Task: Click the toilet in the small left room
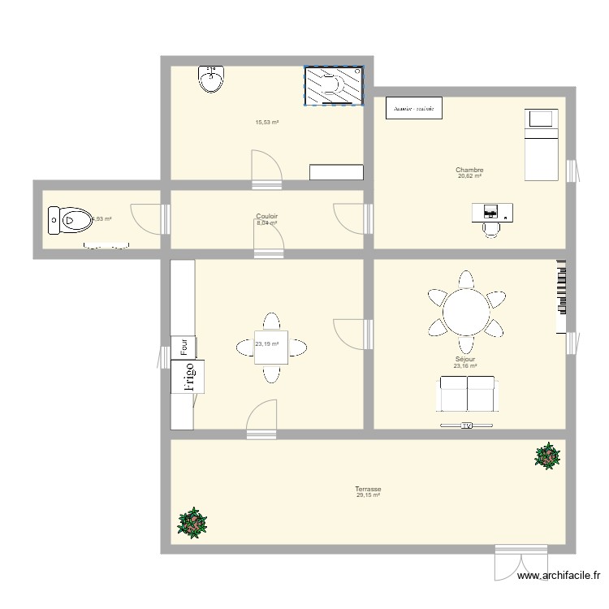[x=70, y=218]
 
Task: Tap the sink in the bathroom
[x=212, y=80]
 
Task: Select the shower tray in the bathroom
[x=333, y=85]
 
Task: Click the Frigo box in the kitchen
[x=188, y=377]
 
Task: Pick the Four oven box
[x=185, y=347]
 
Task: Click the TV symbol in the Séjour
[x=466, y=425]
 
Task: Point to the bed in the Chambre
[x=541, y=145]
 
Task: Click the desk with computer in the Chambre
[x=492, y=213]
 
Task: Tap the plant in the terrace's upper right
[x=547, y=456]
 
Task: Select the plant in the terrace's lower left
[x=192, y=523]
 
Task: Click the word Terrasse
[x=368, y=490]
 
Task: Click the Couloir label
[x=267, y=217]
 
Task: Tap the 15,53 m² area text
[x=267, y=123]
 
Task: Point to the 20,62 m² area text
[x=469, y=176]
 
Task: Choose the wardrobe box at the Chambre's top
[x=414, y=107]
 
